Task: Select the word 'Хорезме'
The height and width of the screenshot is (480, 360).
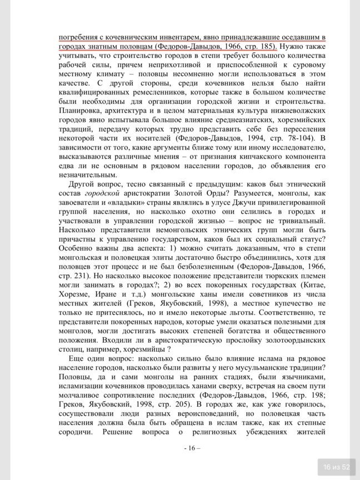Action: [77, 297]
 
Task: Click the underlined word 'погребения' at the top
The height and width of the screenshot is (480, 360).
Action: [78, 37]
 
